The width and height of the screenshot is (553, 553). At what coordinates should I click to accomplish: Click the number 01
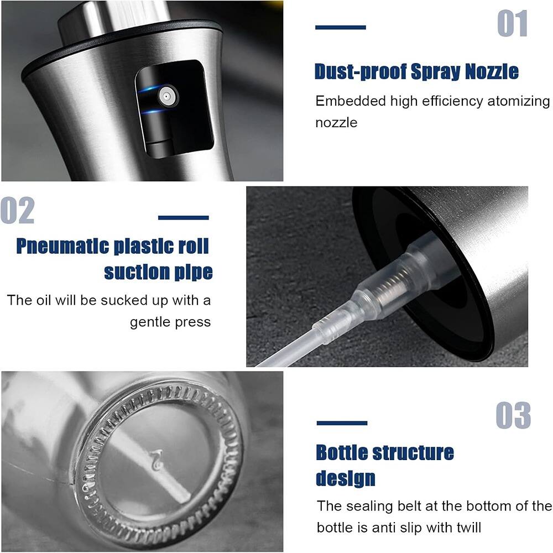click(512, 23)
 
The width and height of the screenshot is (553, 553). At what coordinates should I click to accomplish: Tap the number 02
click(17, 210)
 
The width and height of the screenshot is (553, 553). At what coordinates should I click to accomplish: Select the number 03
click(513, 415)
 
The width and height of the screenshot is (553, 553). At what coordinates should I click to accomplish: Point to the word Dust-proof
click(361, 72)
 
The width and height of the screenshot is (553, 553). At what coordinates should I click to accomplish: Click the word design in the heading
click(345, 478)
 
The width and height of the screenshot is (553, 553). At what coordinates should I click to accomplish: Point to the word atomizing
click(519, 102)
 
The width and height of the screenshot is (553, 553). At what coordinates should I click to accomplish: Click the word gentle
click(150, 322)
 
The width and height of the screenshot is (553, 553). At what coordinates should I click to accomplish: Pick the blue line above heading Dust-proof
click(340, 27)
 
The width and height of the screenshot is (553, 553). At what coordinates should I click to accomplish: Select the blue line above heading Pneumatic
click(184, 217)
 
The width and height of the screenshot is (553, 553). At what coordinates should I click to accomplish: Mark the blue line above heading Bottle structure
click(342, 423)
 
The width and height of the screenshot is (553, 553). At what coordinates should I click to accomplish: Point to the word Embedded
click(351, 101)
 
